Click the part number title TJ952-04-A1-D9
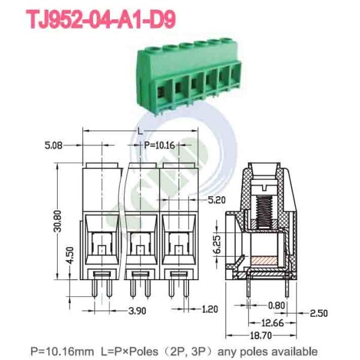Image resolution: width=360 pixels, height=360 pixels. click(x=101, y=20)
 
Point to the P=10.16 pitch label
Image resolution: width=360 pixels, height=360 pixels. click(x=159, y=145)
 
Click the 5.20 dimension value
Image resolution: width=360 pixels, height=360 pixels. click(x=218, y=199)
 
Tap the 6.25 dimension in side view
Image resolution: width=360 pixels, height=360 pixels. click(x=220, y=244)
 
